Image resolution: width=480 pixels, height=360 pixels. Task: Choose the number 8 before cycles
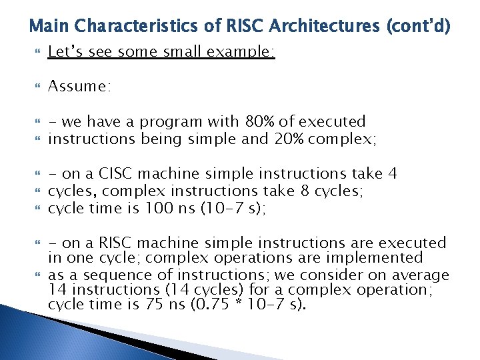tap(305, 191)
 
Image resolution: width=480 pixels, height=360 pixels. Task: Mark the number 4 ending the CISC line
tap(393, 174)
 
